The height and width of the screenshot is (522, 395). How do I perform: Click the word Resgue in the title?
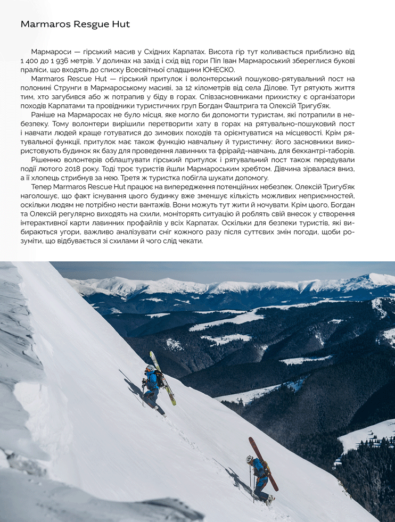(89, 24)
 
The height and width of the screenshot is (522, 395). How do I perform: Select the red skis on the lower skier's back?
(264, 463)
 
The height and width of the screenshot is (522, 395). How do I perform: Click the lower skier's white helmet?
(250, 459)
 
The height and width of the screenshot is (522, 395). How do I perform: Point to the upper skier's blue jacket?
(152, 381)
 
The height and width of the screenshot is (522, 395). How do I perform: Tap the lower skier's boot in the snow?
(269, 500)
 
